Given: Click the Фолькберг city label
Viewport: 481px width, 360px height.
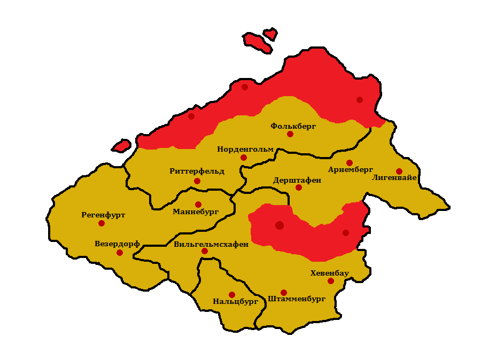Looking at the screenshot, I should [293, 126].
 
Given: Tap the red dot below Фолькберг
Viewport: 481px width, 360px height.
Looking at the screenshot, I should [290, 134].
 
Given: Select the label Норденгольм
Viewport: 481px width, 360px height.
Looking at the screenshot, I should [245, 149].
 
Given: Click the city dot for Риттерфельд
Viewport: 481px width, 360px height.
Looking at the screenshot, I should [197, 181].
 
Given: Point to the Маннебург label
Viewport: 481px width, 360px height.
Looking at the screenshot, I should [196, 212].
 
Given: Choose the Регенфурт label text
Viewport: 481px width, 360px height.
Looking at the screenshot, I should [103, 215].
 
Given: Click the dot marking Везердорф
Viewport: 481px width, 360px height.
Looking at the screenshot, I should [120, 253].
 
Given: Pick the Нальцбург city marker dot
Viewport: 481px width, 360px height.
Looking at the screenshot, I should [232, 295].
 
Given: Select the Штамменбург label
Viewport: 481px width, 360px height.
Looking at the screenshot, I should [297, 299].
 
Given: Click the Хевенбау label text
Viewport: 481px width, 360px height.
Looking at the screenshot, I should [330, 273].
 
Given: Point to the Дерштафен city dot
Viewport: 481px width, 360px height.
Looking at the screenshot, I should [299, 187].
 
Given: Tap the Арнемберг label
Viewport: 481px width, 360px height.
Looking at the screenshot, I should [351, 169].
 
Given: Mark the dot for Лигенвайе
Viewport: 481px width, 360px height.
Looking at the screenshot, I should [399, 171].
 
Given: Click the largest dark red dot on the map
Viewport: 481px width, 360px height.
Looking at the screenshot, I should [280, 225].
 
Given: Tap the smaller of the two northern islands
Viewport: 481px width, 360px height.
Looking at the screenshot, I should [271, 34].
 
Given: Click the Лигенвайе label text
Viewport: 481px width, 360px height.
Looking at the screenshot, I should [394, 178].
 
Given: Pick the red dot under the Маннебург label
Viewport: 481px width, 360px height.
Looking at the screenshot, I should [198, 205].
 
